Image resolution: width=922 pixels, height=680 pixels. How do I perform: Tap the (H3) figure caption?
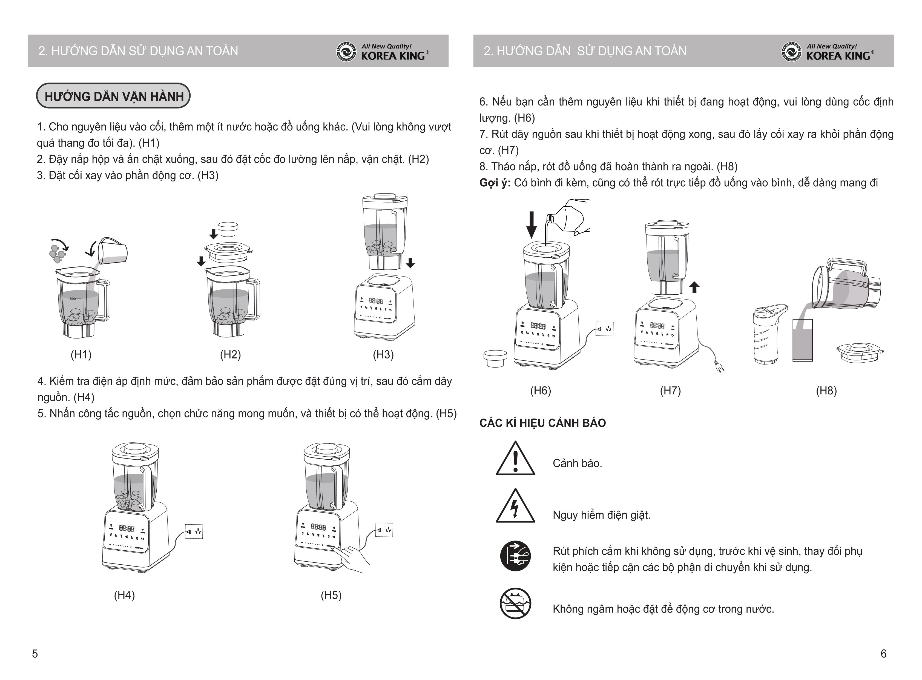pyautogui.click(x=383, y=354)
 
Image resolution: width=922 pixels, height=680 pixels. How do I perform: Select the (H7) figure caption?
pyautogui.click(x=670, y=391)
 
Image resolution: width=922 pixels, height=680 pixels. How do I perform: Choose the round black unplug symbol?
pyautogui.click(x=515, y=556)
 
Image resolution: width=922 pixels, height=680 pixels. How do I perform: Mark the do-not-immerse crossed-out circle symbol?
pyautogui.click(x=515, y=604)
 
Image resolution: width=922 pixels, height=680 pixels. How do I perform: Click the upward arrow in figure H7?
pyautogui.click(x=695, y=287)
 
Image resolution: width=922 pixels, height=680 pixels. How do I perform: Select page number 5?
pyautogui.click(x=35, y=654)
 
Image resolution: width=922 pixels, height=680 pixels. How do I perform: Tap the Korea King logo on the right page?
pyautogui.click(x=828, y=52)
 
